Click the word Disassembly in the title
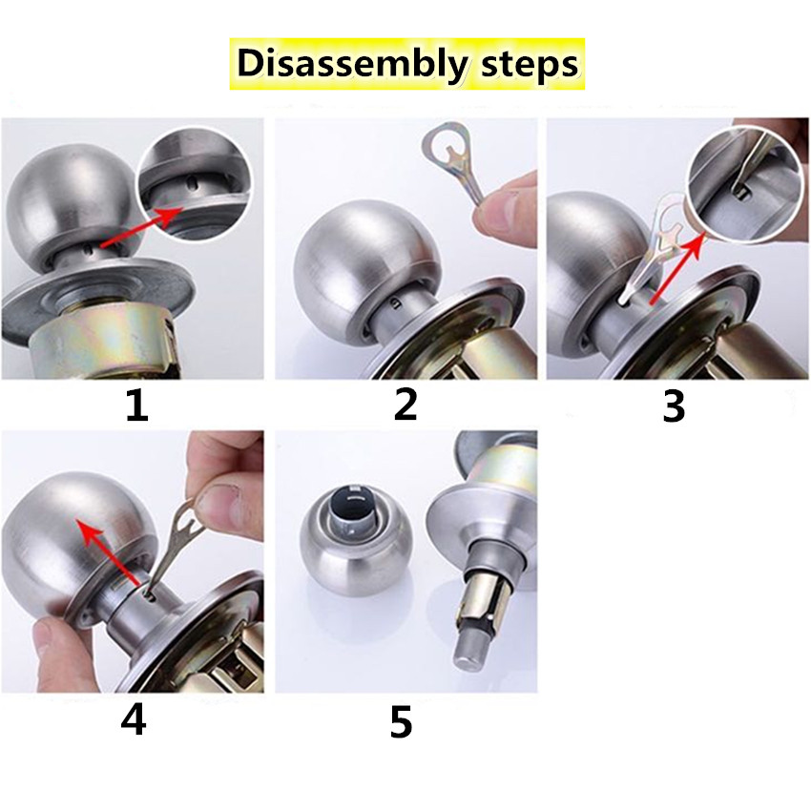pyautogui.click(x=352, y=65)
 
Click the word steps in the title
pyautogui.click(x=530, y=65)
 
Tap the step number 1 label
pyautogui.click(x=137, y=406)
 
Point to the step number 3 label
pyautogui.click(x=674, y=406)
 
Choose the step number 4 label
pyautogui.click(x=133, y=719)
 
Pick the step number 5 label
pyautogui.click(x=402, y=721)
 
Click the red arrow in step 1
pyautogui.click(x=140, y=227)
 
